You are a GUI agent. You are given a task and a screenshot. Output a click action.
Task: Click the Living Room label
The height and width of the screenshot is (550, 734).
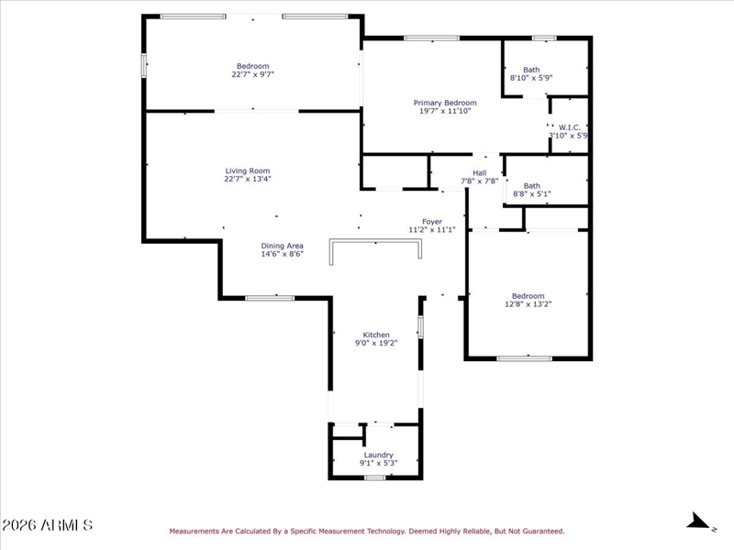[x=247, y=171]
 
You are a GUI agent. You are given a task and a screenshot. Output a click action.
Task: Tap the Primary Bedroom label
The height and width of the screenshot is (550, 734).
[x=445, y=103]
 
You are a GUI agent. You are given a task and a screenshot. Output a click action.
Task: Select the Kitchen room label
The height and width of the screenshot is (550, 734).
[x=376, y=335]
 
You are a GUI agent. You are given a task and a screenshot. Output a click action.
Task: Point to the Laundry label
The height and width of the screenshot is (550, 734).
[x=378, y=455]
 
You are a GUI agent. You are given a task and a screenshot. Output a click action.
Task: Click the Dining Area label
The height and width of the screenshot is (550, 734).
[x=282, y=246]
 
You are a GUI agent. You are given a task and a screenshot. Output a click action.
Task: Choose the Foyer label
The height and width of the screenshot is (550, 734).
[x=431, y=222]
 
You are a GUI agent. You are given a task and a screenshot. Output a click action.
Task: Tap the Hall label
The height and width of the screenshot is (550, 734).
[x=479, y=173]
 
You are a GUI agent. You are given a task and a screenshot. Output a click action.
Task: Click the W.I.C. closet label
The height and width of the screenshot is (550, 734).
[x=569, y=127]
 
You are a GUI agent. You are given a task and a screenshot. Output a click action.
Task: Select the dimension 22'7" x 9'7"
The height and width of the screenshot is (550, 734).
[x=253, y=74]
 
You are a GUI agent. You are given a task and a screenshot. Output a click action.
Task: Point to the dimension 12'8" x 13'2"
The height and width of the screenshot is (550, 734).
[x=528, y=304]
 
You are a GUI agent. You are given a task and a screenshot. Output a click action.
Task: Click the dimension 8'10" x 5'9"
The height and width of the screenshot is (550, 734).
[x=531, y=78]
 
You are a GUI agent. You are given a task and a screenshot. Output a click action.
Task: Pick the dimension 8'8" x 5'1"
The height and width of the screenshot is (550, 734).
[x=532, y=194]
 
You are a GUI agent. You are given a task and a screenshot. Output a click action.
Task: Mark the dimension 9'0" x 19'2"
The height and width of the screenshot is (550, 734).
[x=376, y=343]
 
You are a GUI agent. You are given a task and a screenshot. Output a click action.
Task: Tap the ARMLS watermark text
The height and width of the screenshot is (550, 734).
[x=48, y=525]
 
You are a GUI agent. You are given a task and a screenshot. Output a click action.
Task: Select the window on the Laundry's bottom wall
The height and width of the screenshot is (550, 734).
[x=375, y=478]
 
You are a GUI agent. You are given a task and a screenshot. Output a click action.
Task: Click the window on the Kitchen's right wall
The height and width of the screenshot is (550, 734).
[x=420, y=326]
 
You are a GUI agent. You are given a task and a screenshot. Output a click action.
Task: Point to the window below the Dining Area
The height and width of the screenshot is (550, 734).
[x=270, y=298]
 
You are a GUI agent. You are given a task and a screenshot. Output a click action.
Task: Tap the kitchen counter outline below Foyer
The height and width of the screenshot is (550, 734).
[x=375, y=241]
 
